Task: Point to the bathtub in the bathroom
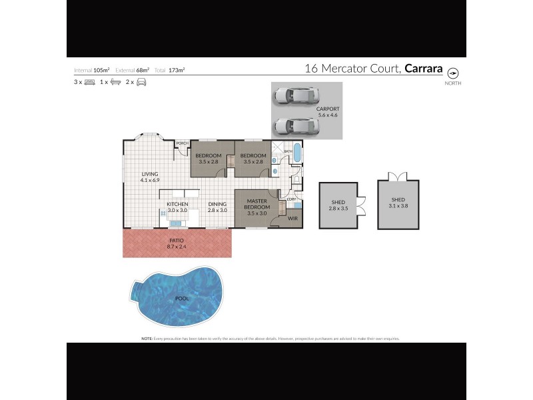(x=297, y=157)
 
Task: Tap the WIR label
(x=292, y=217)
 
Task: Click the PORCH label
(x=182, y=144)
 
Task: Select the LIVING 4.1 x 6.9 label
(x=149, y=177)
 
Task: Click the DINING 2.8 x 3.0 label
(x=217, y=207)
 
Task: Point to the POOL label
(x=181, y=298)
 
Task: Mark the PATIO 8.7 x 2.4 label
(x=176, y=243)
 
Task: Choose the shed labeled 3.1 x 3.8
(x=398, y=202)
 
